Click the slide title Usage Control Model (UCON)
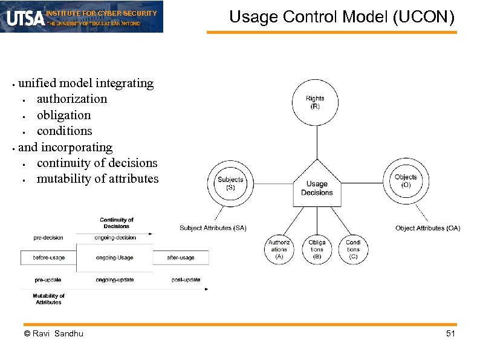pyautogui.click(x=342, y=17)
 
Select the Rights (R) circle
pyautogui.click(x=315, y=102)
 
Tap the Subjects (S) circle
pyautogui.click(x=230, y=183)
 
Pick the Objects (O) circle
pyautogui.click(x=406, y=181)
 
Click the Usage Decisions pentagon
pyautogui.click(x=317, y=187)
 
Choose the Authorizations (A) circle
pyautogui.click(x=279, y=249)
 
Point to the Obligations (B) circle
pyautogui.click(x=317, y=249)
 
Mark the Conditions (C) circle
pyautogui.click(x=353, y=249)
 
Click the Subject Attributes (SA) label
pyautogui.click(x=213, y=228)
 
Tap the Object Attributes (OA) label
pyautogui.click(x=427, y=228)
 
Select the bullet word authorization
pyautogui.click(x=72, y=99)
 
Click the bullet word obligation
pyautogui.click(x=63, y=115)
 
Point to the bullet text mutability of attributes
pyautogui.click(x=97, y=178)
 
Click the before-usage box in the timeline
pyautogui.click(x=49, y=258)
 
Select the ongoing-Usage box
pyautogui.click(x=115, y=258)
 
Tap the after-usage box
pyautogui.click(x=181, y=258)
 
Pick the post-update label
pyautogui.click(x=186, y=280)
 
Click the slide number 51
pyautogui.click(x=450, y=334)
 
